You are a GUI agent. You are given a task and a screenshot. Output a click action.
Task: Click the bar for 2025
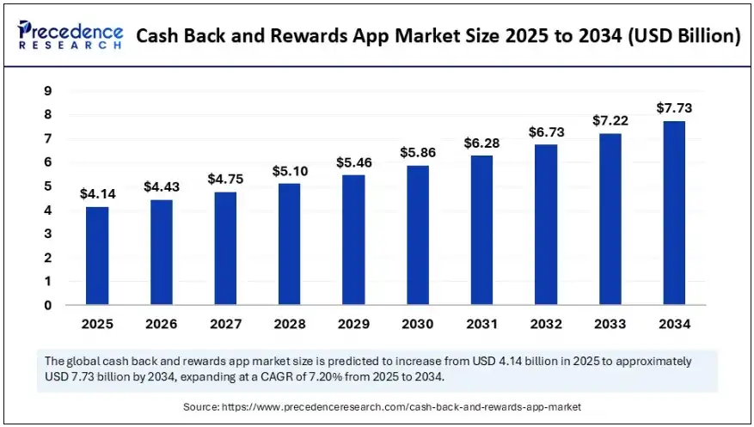(97, 256)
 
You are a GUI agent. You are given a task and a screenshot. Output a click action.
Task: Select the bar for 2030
(417, 235)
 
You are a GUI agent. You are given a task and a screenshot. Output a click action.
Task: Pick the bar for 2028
(289, 244)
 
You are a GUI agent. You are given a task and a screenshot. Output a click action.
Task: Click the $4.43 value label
(161, 186)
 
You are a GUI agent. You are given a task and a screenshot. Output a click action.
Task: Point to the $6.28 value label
(481, 142)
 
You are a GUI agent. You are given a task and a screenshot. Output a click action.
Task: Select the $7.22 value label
(609, 120)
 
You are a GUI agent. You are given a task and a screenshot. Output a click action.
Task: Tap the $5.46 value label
(352, 162)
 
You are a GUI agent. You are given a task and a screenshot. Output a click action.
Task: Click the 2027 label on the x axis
(224, 324)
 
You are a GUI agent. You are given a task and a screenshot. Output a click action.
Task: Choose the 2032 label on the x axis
(545, 324)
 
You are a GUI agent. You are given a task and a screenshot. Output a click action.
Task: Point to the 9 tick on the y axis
(48, 91)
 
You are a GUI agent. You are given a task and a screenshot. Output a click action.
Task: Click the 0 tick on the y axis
(48, 305)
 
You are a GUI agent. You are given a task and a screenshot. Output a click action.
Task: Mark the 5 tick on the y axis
(48, 186)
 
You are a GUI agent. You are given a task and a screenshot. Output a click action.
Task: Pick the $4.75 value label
(224, 179)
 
